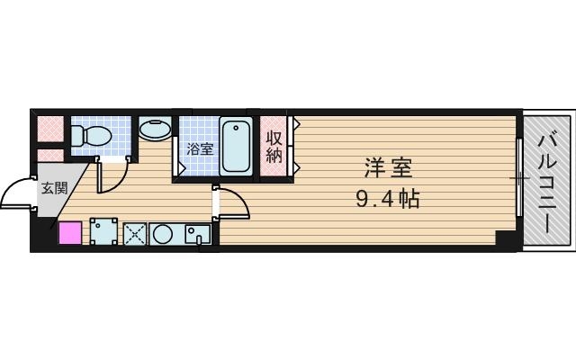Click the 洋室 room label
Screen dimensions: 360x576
[388, 167]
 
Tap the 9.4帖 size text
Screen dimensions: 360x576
[388, 197]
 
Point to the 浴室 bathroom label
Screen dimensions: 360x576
[200, 149]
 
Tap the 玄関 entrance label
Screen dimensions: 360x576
[53, 188]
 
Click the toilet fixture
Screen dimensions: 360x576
[89, 136]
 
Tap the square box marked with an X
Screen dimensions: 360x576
[134, 234]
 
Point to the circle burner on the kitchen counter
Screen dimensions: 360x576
[164, 234]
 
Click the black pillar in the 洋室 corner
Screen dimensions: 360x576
[507, 240]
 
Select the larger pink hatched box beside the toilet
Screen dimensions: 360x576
[50, 131]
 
